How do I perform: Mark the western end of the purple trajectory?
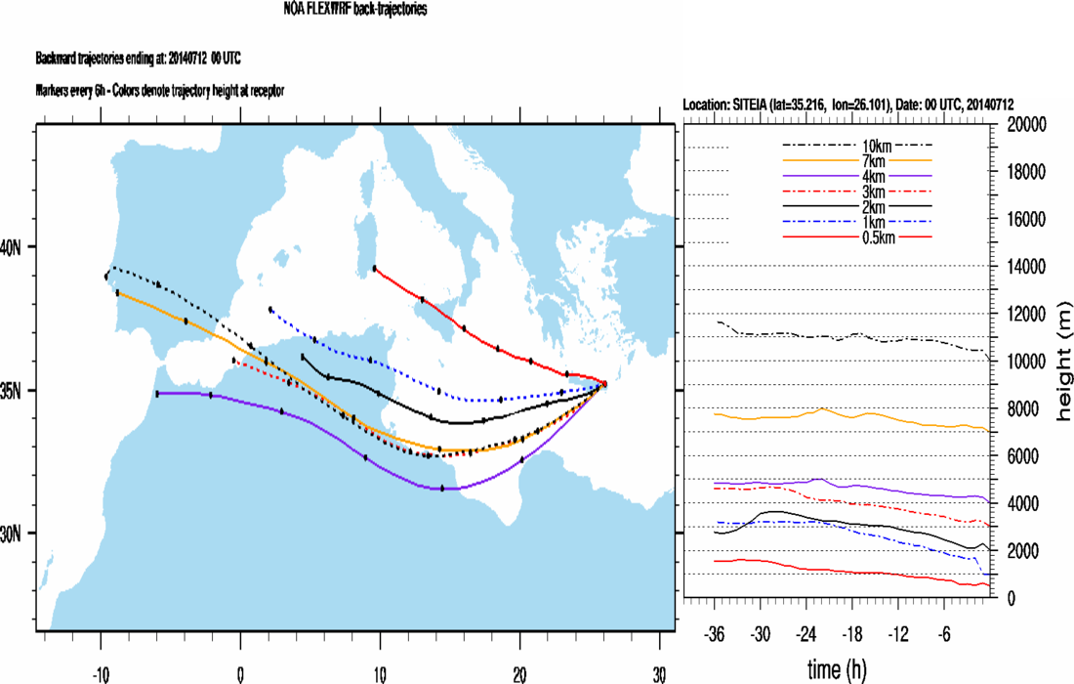tap(157, 394)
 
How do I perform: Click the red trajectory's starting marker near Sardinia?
tap(375, 268)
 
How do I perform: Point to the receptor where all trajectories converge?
tap(604, 384)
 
